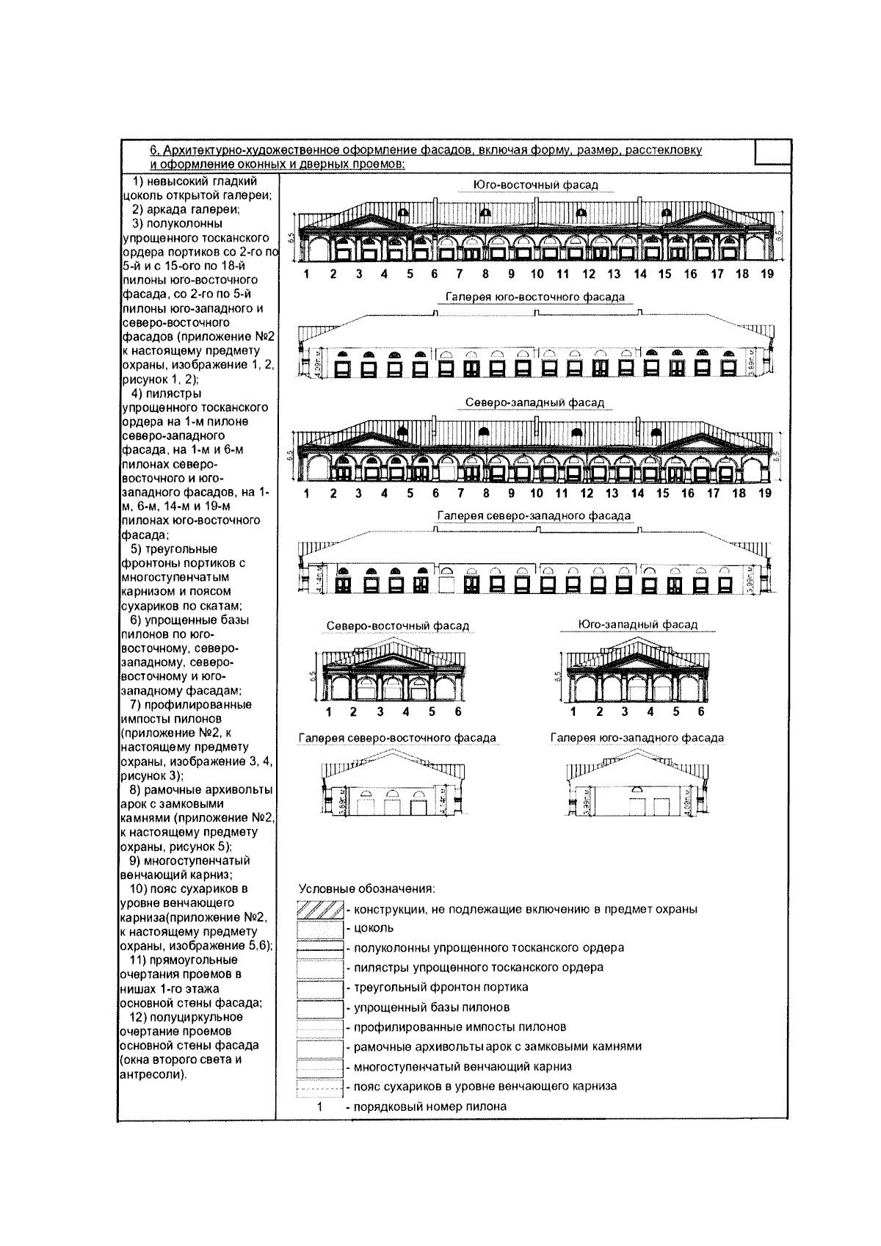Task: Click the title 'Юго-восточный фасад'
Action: [x=535, y=185]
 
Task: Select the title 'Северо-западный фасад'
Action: [x=534, y=403]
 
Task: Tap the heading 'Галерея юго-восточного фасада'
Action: [x=535, y=297]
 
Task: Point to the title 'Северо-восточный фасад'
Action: [x=397, y=626]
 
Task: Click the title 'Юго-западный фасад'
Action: [x=637, y=625]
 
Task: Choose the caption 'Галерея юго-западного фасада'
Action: [x=637, y=738]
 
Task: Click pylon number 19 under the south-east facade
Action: [x=767, y=274]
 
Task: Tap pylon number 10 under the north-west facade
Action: [x=537, y=493]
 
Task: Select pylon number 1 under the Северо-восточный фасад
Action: [x=329, y=711]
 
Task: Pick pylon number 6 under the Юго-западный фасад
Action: [x=701, y=711]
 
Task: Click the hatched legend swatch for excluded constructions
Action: [x=320, y=909]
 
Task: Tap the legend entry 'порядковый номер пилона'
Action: [x=430, y=1106]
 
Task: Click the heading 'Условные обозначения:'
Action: [x=367, y=889]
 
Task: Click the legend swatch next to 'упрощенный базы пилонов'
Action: [x=320, y=1007]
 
